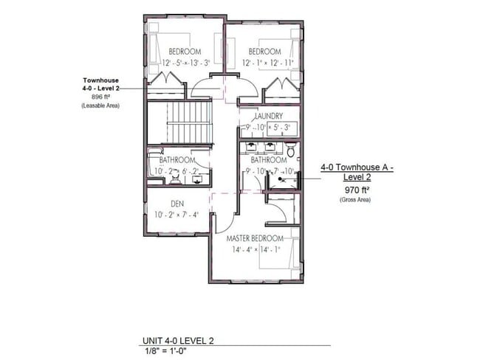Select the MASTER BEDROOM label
[255, 239]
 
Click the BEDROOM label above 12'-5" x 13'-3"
[185, 52]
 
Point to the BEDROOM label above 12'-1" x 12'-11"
[264, 52]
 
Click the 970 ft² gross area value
[357, 190]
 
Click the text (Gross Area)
[357, 200]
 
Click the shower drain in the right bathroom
[281, 178]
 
